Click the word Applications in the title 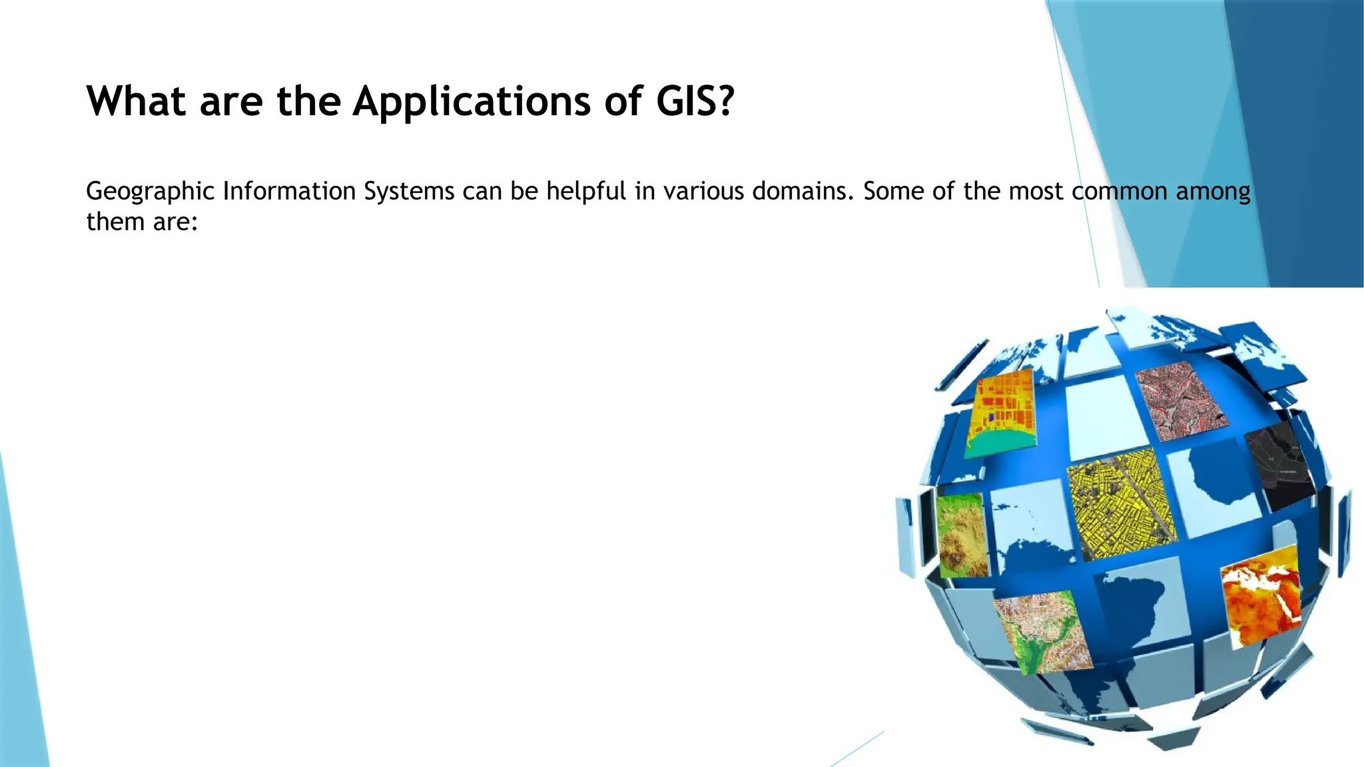pyautogui.click(x=472, y=102)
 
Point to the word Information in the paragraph pyautogui.click(x=289, y=191)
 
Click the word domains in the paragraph pyautogui.click(x=803, y=191)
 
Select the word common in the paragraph pyautogui.click(x=1120, y=191)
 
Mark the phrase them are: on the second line pyautogui.click(x=143, y=222)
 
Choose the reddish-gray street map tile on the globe pyautogui.click(x=1181, y=399)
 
